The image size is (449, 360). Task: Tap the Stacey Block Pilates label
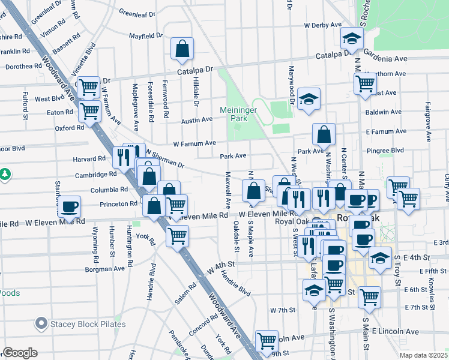pos(88,325)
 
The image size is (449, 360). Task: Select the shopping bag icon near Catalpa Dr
pos(182,49)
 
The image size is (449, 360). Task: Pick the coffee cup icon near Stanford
pos(70,206)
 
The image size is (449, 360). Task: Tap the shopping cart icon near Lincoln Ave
pos(267,341)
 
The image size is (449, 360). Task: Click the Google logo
pos(20,353)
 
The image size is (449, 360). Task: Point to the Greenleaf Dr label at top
pos(137,12)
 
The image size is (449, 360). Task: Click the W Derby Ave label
pos(322,25)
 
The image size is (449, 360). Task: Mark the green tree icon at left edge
pos(5,174)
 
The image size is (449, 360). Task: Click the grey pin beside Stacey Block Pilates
pos(41,325)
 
